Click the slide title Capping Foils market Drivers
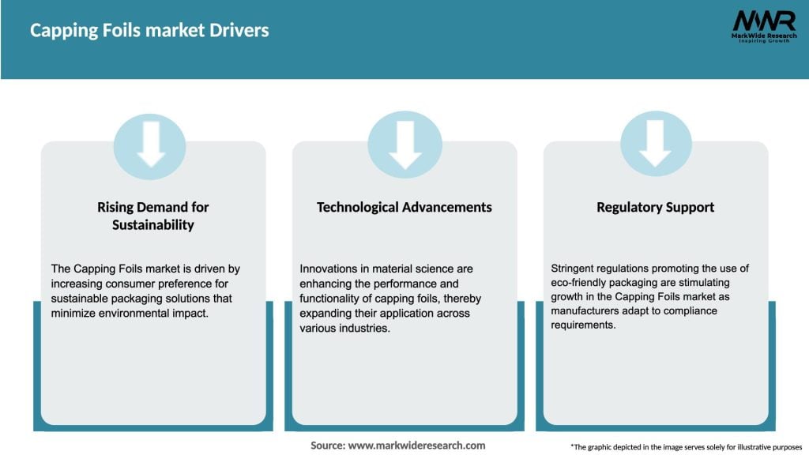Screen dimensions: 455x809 [149, 31]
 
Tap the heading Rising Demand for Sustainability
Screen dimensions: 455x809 [152, 216]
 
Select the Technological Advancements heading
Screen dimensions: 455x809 [404, 207]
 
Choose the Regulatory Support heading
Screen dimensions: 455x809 [655, 207]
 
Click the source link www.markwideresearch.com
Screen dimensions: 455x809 [416, 446]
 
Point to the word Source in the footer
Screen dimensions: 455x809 [328, 446]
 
